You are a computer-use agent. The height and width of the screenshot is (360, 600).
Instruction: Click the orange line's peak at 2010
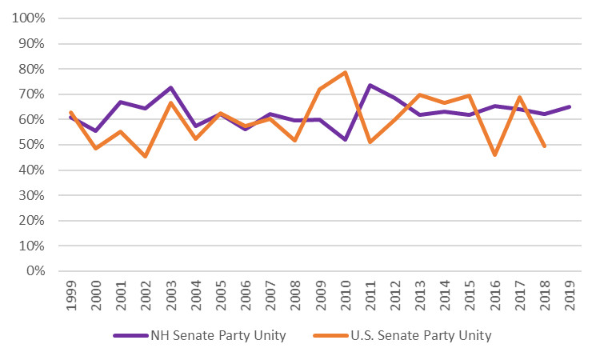click(x=346, y=73)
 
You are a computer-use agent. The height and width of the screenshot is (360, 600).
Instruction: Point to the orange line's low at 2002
click(x=145, y=156)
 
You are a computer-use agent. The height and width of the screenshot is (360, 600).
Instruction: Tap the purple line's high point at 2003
click(x=170, y=88)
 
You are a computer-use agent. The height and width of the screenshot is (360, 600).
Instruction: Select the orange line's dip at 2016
click(x=496, y=155)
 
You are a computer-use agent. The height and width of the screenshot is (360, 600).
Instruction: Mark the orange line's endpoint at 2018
click(x=546, y=146)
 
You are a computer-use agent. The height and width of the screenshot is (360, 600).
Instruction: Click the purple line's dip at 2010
click(x=346, y=140)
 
